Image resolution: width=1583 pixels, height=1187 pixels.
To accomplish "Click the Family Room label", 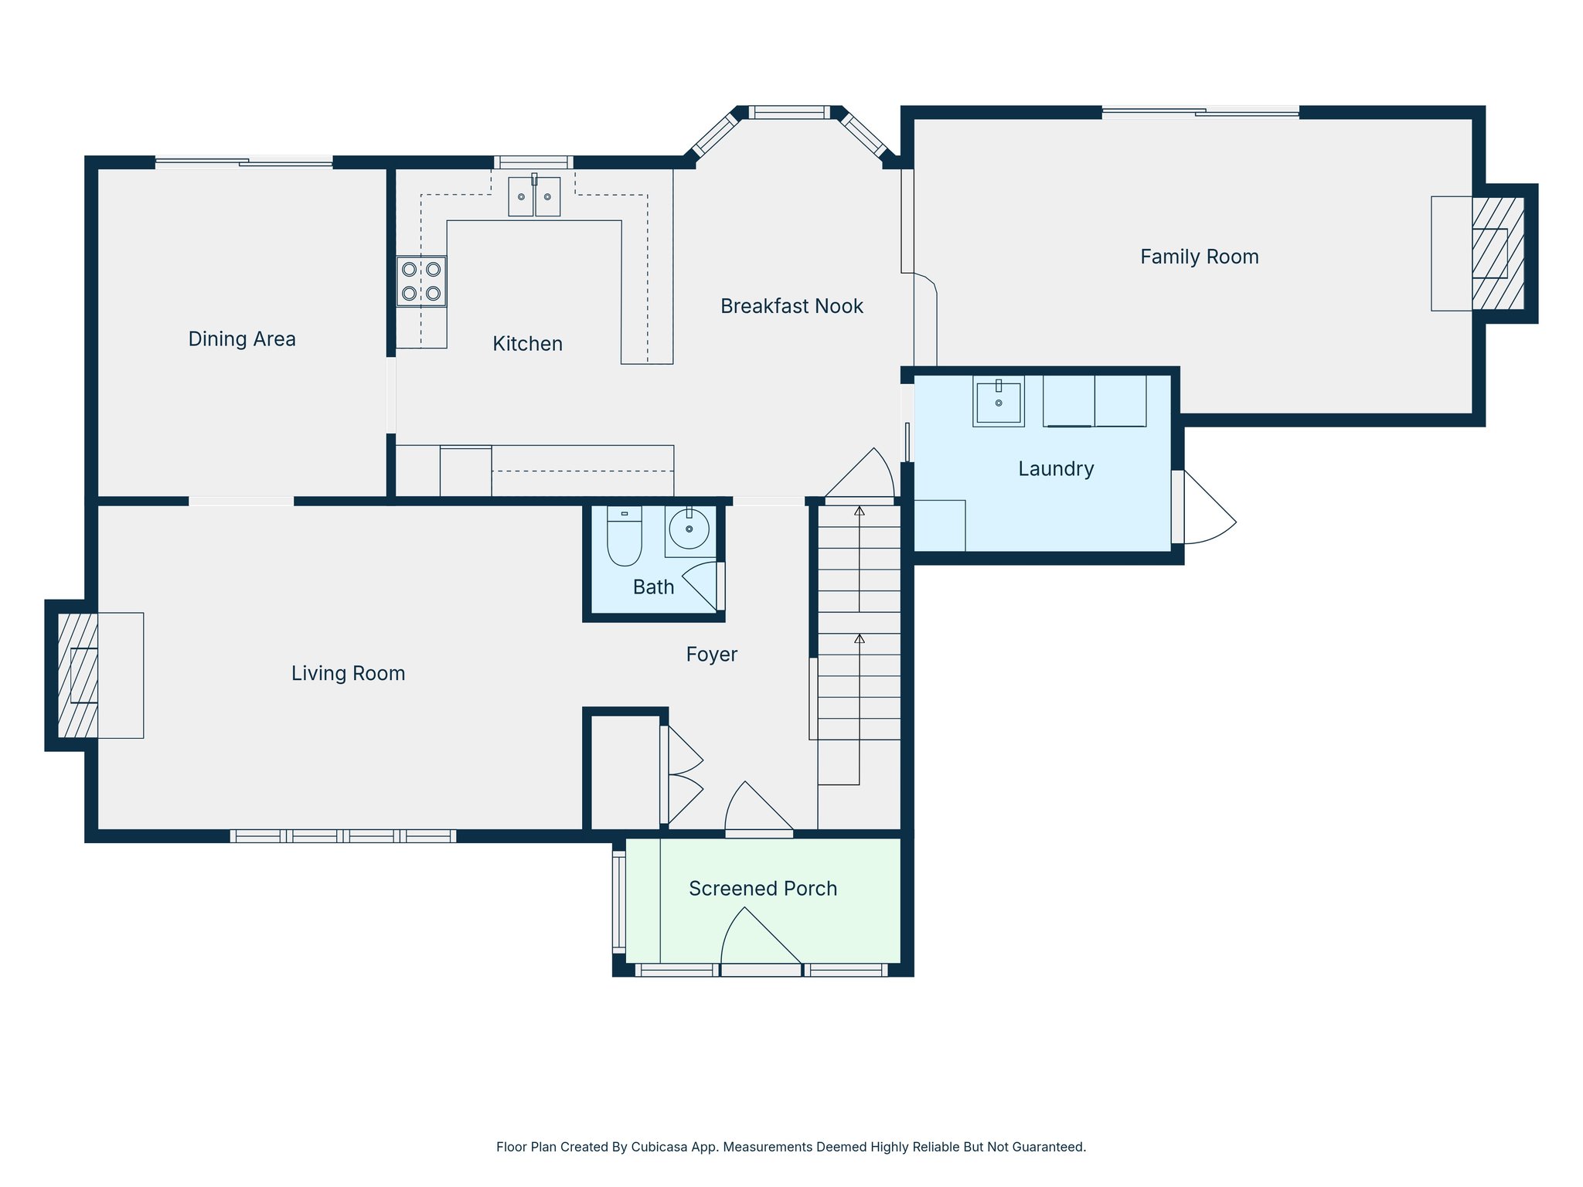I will (1199, 257).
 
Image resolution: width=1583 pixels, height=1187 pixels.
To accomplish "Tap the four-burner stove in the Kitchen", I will (421, 281).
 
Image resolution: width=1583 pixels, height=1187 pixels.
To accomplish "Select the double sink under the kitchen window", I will (534, 196).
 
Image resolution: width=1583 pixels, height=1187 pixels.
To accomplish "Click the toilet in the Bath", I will (625, 536).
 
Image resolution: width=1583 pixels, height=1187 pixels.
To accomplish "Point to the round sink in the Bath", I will (689, 529).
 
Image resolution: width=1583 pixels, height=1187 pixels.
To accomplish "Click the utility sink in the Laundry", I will (998, 402).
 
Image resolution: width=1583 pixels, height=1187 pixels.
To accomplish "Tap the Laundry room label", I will (1056, 469).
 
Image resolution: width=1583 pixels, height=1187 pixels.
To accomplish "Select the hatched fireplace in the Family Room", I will (1498, 253).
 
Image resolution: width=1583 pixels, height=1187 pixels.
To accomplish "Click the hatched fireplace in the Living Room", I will (77, 675).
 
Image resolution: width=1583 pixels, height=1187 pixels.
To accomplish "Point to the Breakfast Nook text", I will (791, 306).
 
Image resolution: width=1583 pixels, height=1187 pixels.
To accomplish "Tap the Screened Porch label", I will (763, 889).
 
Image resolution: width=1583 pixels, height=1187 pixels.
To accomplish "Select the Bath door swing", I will (702, 584).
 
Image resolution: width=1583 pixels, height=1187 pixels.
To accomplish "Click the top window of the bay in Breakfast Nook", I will (789, 113).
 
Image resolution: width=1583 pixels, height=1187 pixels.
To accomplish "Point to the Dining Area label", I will (242, 339).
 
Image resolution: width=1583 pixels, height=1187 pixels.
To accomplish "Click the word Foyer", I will (712, 655).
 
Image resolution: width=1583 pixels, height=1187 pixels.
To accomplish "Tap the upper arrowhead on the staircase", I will (860, 511).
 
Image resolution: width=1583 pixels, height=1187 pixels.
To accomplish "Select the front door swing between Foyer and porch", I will (756, 810).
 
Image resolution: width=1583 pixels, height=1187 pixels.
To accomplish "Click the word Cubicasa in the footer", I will (660, 1147).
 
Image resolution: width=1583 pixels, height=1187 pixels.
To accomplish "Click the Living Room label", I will (348, 674).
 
